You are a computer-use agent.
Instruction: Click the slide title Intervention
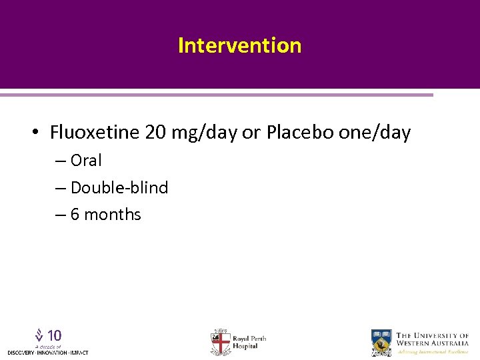[x=239, y=45]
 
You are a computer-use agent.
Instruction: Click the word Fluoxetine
[x=94, y=133]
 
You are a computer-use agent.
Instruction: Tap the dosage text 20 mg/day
[x=190, y=133]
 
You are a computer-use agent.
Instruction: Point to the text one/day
[x=374, y=133]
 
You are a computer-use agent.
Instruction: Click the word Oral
[x=86, y=161]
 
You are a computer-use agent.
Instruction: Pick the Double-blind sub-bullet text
[x=119, y=187]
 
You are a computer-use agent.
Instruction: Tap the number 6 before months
[x=75, y=215]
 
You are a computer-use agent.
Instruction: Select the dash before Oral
[x=62, y=161]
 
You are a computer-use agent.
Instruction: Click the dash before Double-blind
[x=62, y=188]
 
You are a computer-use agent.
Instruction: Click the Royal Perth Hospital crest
[x=220, y=342]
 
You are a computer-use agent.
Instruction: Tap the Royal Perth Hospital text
[x=249, y=343]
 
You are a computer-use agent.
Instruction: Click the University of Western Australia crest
[x=382, y=342]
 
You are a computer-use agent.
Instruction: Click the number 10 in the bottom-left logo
[x=54, y=335]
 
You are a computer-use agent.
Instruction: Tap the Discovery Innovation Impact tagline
[x=47, y=352]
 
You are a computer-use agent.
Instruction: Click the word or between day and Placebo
[x=251, y=133]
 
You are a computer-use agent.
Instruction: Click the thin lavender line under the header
[x=216, y=95]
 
